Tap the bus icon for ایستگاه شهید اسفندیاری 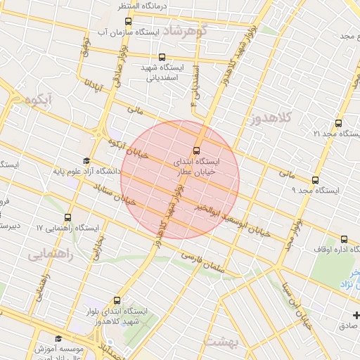tap(162, 57)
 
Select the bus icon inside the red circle tap(196, 150)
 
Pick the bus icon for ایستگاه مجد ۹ tap(315, 180)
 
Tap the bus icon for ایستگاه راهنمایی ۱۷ tap(67, 218)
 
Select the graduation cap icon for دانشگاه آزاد tap(86, 161)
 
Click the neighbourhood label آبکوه tap(38, 101)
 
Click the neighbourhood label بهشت tap(221, 341)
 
